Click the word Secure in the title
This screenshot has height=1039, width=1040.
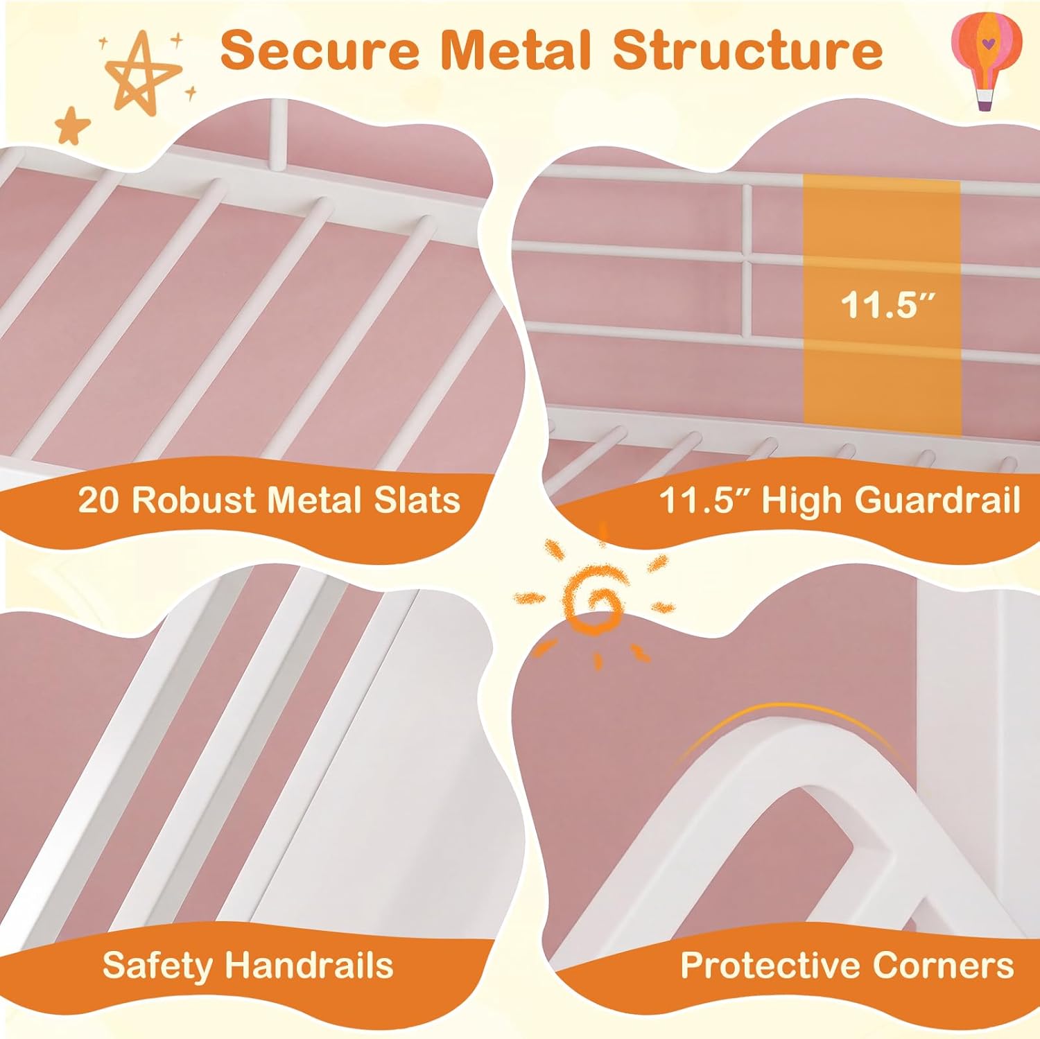[x=320, y=50]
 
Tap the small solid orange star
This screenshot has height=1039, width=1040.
[x=73, y=125]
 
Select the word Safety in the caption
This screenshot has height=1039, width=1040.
[x=157, y=965]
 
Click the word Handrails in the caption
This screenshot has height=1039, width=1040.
[x=309, y=965]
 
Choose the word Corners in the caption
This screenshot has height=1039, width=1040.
[x=943, y=965]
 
